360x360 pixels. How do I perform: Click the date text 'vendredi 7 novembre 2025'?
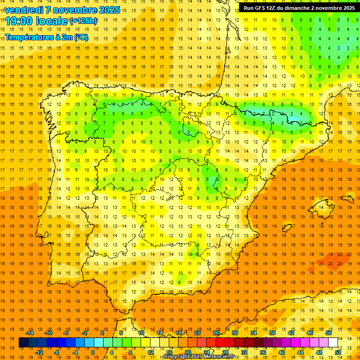(x=62, y=10)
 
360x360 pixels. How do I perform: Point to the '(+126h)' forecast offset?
(x=83, y=21)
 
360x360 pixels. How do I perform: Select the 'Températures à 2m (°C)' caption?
(x=46, y=37)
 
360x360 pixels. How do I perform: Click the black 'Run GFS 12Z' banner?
(x=299, y=8)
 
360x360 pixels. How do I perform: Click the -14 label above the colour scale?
(x=30, y=333)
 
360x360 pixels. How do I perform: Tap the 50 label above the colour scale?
(x=328, y=333)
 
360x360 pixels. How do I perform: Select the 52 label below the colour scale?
(x=338, y=352)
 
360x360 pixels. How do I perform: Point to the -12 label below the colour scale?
(x=39, y=352)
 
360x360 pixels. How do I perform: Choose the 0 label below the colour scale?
(x=92, y=352)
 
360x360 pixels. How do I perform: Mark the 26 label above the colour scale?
(x=216, y=333)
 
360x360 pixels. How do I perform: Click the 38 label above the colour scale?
(x=272, y=333)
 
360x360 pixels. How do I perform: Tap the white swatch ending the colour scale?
(x=333, y=343)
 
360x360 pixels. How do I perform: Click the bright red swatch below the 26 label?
(x=220, y=343)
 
